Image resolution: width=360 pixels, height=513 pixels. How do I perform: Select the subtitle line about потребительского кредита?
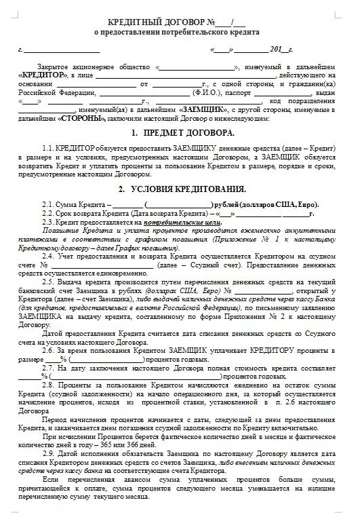point(176,32)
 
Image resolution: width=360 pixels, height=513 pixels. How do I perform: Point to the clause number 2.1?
point(47,204)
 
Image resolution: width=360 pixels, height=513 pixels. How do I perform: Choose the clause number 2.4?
point(47,256)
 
